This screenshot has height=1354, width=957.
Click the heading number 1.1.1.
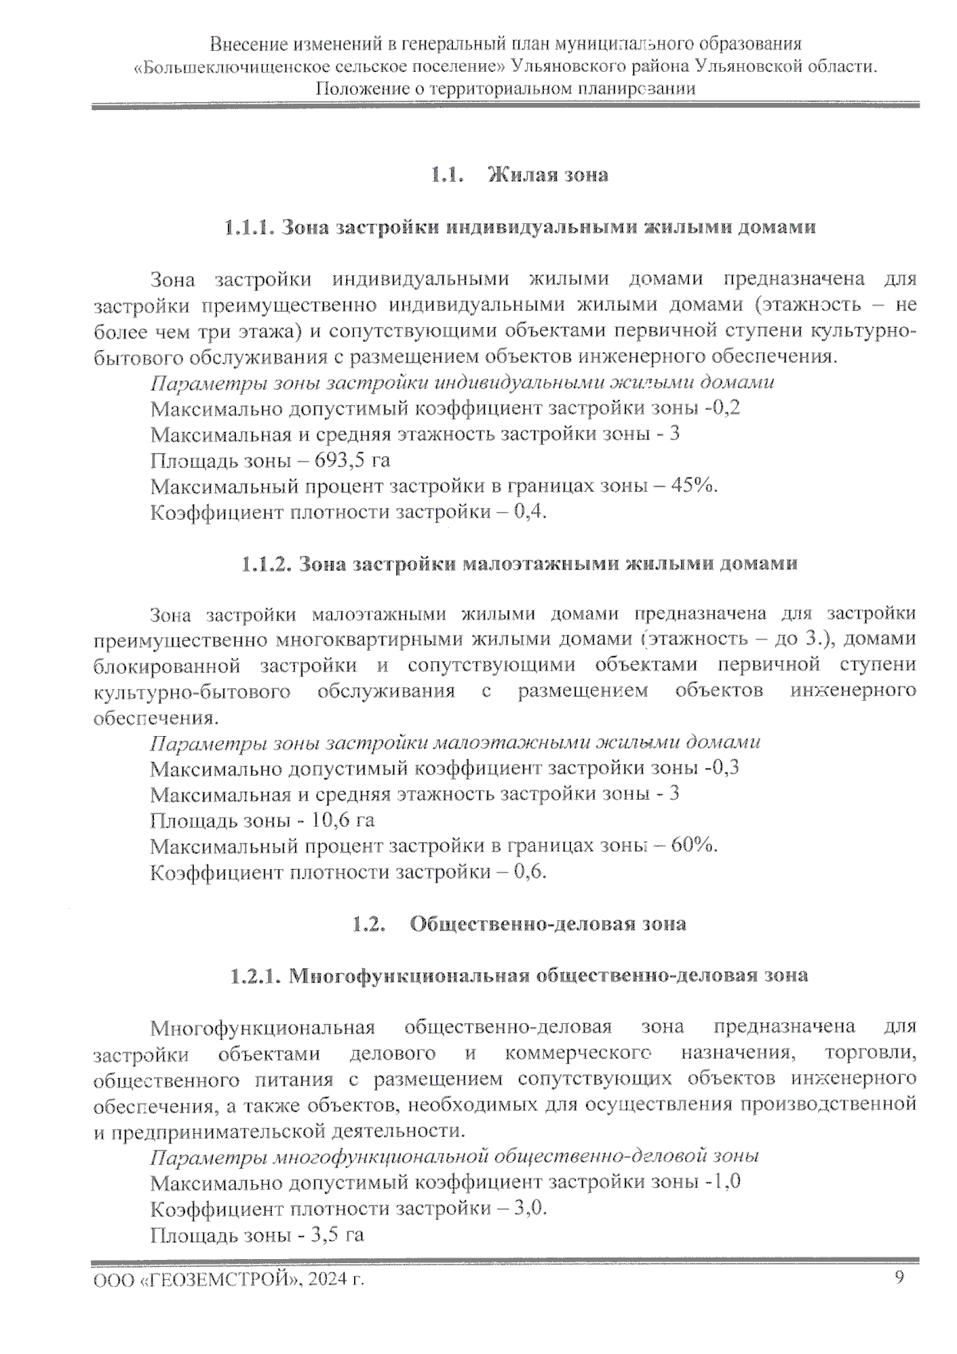pyautogui.click(x=249, y=227)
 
